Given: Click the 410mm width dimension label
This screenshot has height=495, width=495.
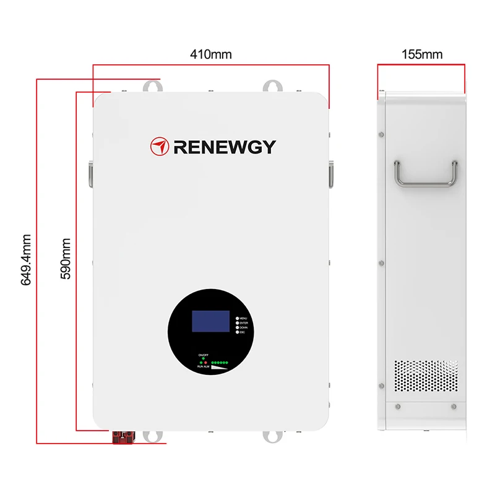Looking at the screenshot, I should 211,54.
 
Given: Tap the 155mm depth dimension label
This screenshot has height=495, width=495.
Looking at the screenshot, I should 422,54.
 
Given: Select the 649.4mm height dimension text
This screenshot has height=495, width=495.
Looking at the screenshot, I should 27,259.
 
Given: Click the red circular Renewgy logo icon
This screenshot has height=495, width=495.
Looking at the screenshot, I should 159,147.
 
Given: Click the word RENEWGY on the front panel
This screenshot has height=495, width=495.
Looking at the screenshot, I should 224,147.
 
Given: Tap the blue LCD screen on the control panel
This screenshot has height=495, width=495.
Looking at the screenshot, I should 210,323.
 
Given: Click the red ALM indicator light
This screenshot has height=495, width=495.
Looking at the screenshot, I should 205,361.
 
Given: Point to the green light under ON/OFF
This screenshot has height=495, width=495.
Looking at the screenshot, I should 200,361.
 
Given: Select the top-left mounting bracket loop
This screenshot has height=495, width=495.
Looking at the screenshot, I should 151,85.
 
